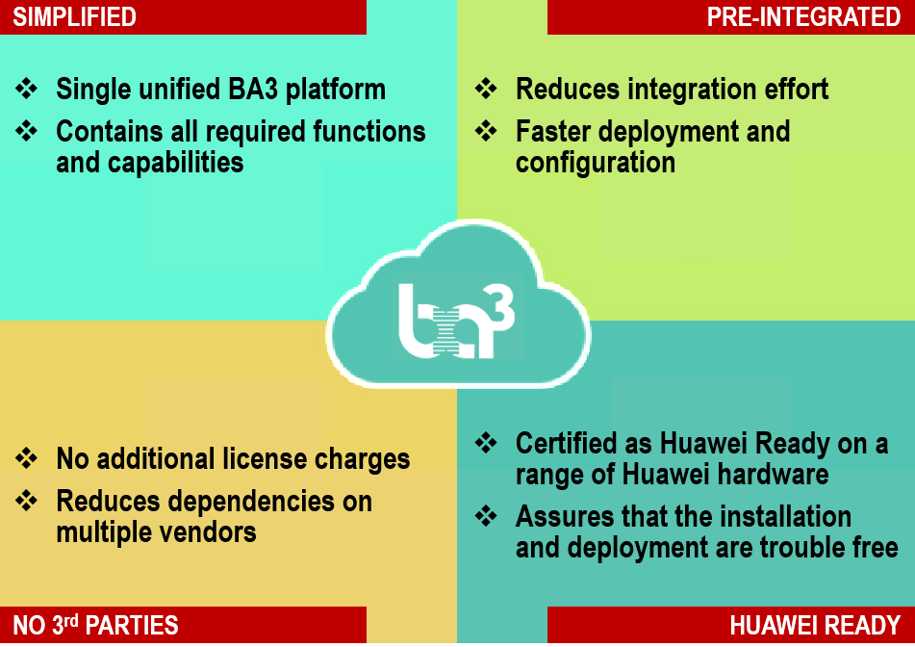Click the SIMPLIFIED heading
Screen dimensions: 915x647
pos(75,17)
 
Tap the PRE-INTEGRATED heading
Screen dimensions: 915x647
pos(803,17)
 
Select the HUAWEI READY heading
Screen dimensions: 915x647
pos(815,626)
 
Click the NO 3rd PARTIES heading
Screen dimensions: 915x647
pos(95,625)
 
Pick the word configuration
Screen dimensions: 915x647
pos(596,163)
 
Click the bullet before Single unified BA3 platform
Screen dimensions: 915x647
pos(26,89)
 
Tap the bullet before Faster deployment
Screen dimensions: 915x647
pos(486,131)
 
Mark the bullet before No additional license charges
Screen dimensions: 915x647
pos(26,458)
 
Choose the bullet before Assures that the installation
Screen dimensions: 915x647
pos(486,516)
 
